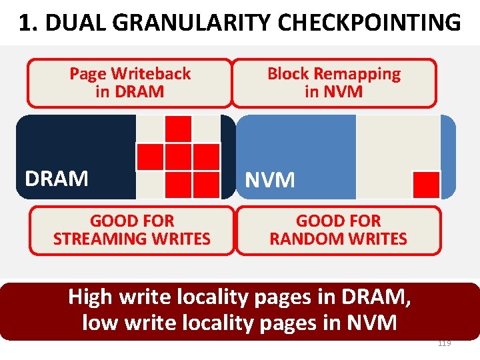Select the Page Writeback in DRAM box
130,83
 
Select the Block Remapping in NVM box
333,83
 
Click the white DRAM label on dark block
57,179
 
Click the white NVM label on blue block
270,180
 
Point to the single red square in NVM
426,185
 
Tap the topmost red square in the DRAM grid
178,129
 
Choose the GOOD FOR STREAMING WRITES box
132,230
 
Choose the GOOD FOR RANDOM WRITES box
338,230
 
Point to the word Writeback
151,74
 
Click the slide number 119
444,343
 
